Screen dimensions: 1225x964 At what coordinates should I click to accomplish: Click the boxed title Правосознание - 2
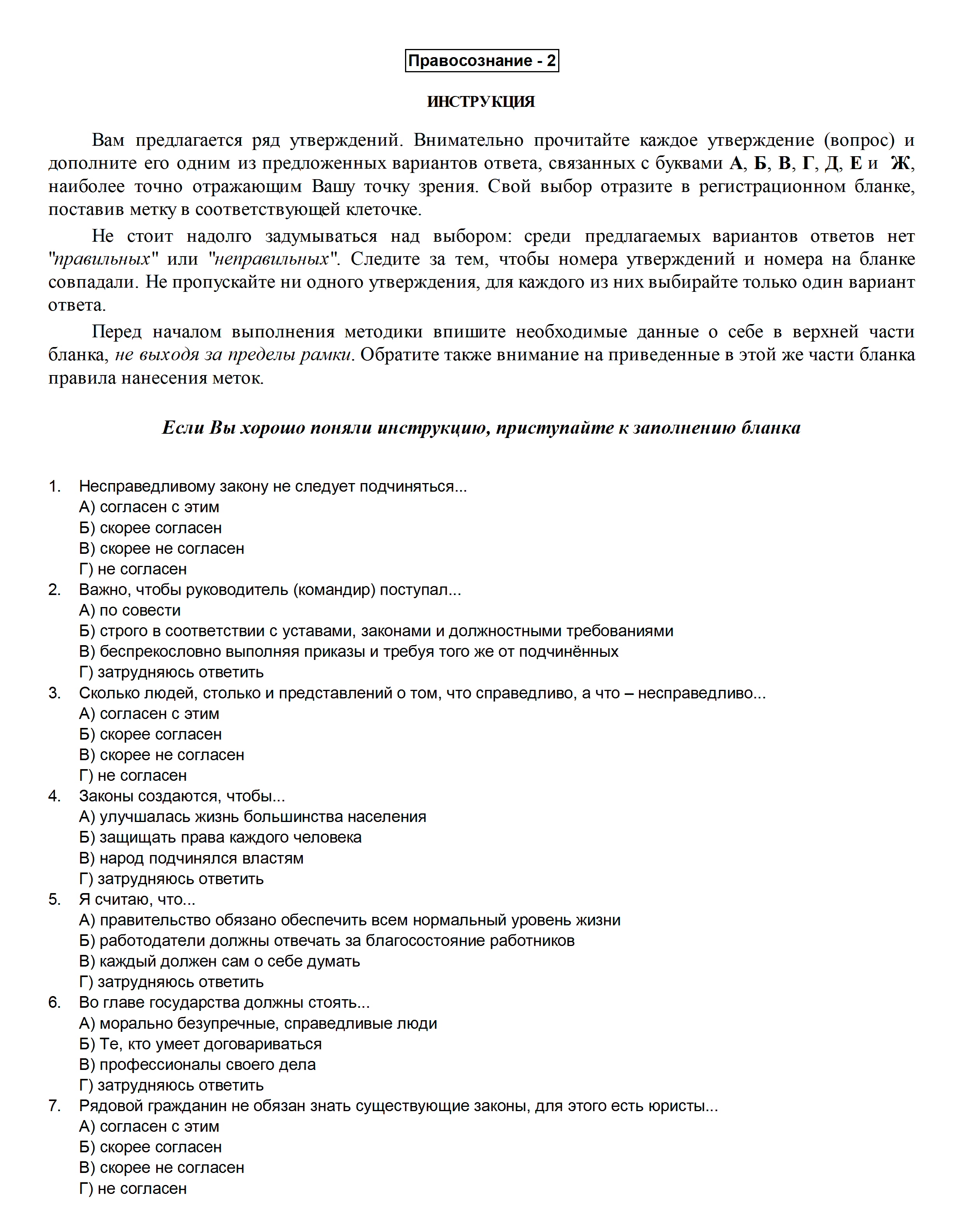[x=482, y=60]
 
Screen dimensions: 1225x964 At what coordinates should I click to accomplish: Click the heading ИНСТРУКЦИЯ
[x=481, y=101]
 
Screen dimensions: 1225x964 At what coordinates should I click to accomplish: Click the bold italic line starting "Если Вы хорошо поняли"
[x=481, y=428]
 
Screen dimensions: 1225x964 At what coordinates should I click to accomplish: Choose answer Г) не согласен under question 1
[x=133, y=569]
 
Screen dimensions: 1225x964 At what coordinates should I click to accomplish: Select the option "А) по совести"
[x=130, y=610]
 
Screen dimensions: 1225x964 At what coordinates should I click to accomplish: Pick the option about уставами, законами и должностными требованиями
[x=376, y=631]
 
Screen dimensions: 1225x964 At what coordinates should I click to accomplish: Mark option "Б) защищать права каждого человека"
[x=220, y=838]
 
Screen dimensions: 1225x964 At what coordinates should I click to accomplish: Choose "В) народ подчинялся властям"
[x=191, y=858]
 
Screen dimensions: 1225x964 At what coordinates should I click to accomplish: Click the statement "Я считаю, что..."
[x=137, y=899]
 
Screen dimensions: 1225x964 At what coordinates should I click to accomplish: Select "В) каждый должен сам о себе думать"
[x=220, y=961]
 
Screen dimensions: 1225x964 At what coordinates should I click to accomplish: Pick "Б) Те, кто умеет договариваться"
[x=200, y=1044]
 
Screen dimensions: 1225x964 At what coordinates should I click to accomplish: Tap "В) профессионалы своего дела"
[x=197, y=1064]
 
